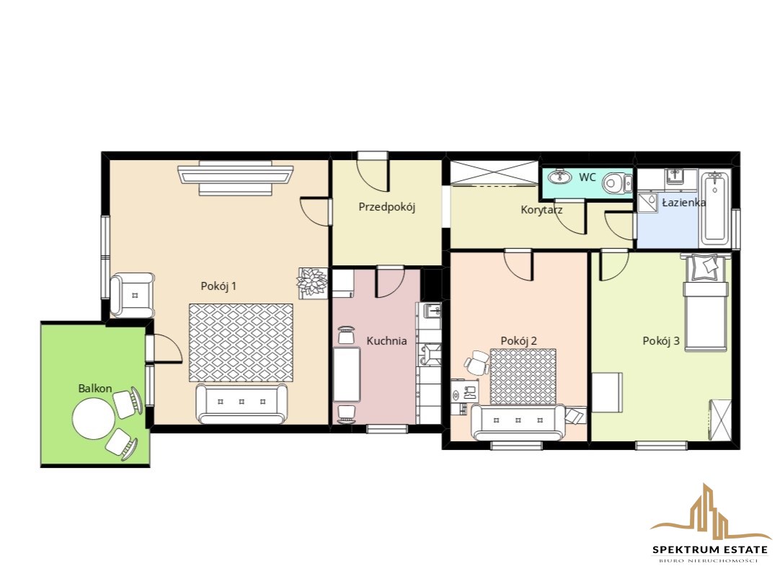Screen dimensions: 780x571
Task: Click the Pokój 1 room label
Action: (218, 286)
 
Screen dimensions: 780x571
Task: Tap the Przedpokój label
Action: (387, 207)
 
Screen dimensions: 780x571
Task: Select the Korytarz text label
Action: (541, 210)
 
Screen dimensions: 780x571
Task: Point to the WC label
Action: (588, 177)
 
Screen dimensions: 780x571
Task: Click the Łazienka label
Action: (683, 202)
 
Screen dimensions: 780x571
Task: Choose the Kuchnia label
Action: (386, 341)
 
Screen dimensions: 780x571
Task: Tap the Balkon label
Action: (95, 389)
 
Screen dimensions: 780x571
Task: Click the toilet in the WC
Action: (617, 183)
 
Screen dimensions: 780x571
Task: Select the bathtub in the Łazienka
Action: (715, 208)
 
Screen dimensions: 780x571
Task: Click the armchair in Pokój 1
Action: (133, 296)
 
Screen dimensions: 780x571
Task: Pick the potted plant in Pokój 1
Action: (312, 283)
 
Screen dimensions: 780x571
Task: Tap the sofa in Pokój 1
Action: (242, 404)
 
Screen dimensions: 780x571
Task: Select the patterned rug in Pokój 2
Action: (523, 376)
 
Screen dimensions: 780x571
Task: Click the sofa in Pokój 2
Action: (518, 422)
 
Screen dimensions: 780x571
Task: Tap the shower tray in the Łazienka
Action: (647, 202)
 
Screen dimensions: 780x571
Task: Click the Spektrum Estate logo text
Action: (710, 549)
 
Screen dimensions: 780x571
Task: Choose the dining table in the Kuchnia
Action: (347, 374)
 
